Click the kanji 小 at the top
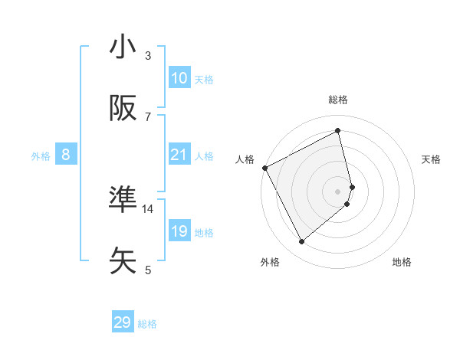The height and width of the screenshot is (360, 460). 123,47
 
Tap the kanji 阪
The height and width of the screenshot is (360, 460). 123,109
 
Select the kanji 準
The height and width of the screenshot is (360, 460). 123,200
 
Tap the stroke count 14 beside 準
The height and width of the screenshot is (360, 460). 148,208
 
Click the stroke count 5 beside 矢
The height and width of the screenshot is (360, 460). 148,269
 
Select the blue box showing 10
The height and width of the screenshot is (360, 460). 179,78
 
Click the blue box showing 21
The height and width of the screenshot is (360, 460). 179,155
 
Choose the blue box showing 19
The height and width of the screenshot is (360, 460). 179,231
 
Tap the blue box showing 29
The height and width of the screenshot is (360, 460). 123,322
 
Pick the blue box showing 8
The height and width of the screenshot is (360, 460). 66,155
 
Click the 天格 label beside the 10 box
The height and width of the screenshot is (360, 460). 204,79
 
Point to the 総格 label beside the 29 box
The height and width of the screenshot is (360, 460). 147,324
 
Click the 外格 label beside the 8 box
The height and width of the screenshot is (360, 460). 41,155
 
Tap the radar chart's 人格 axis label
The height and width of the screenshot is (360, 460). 245,159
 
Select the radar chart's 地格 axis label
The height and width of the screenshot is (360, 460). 402,262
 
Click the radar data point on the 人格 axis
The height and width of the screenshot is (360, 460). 264,168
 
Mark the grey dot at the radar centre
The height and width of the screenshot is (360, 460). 338,191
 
